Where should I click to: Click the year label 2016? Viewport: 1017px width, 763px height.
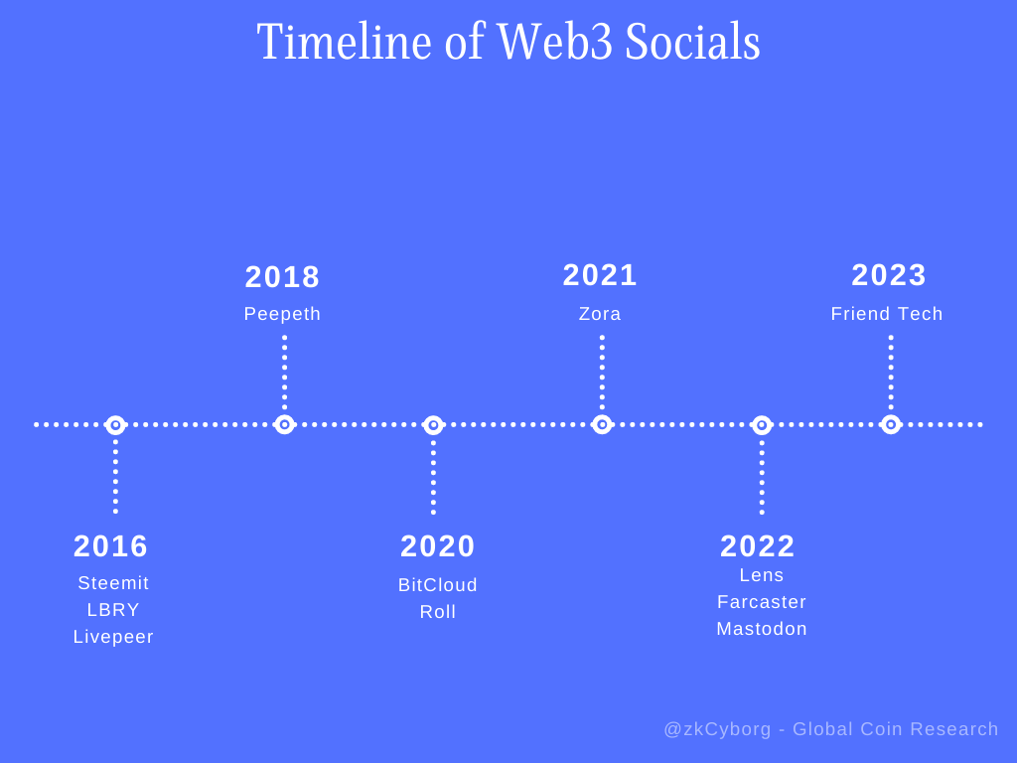(110, 546)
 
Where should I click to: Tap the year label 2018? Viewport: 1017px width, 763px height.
(282, 277)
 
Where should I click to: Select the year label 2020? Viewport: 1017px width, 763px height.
(438, 546)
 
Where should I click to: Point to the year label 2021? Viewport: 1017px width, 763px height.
(600, 275)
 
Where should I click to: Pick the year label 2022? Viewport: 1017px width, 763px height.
(758, 546)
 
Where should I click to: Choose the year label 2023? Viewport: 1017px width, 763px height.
(889, 275)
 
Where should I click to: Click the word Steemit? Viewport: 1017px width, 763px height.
(113, 583)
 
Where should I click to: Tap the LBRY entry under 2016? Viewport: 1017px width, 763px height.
(113, 610)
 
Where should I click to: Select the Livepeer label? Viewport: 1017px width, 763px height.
(113, 637)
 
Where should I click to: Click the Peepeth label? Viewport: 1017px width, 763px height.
(282, 314)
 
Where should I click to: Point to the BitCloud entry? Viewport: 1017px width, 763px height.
(438, 585)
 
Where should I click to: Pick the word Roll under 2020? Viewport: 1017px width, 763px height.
(438, 612)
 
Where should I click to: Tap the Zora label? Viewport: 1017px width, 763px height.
(600, 314)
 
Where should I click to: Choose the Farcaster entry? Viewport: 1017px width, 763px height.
(762, 602)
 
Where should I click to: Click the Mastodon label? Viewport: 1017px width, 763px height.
(762, 629)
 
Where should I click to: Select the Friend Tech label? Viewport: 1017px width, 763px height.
(887, 314)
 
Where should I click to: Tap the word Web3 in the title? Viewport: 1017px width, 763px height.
(554, 42)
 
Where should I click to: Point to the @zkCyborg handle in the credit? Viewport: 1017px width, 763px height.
(718, 729)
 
